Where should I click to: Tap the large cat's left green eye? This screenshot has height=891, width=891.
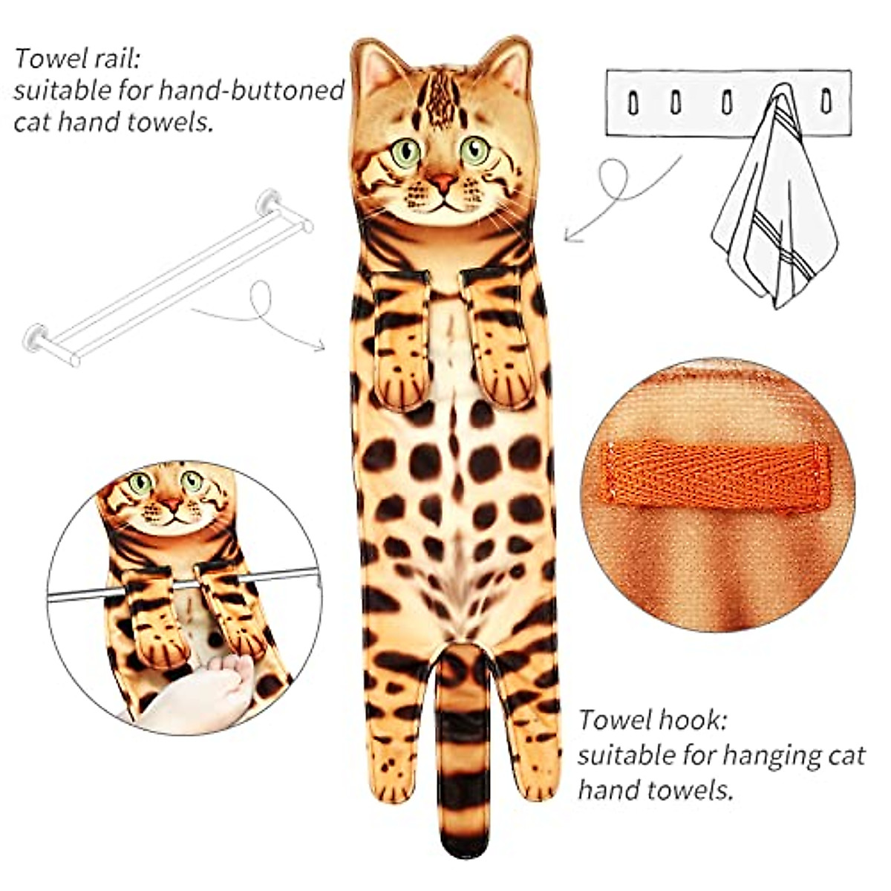[406, 153]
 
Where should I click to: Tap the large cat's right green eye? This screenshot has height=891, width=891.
[474, 150]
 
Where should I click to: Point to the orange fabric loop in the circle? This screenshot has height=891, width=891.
[717, 475]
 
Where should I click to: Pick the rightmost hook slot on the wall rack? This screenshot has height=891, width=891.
[825, 102]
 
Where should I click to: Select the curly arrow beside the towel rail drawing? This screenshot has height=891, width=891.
[260, 312]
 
